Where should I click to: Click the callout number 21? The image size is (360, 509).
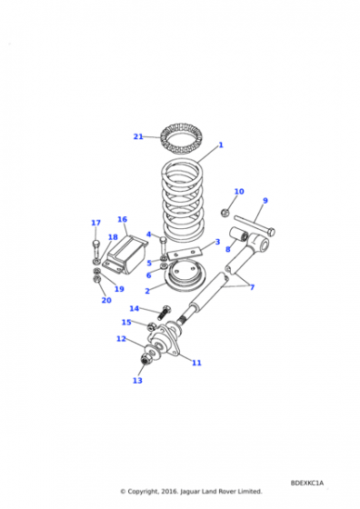(x=138, y=136)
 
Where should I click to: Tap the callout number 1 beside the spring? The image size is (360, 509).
(x=221, y=145)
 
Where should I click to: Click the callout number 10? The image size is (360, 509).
(x=239, y=192)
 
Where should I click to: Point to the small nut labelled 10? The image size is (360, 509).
(x=225, y=213)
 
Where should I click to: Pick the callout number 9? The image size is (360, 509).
(x=265, y=201)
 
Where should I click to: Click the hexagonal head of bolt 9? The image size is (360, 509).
(x=272, y=232)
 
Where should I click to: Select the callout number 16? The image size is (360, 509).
(x=122, y=219)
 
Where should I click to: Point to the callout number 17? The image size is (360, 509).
(x=95, y=223)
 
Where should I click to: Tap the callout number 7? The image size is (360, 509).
(x=252, y=287)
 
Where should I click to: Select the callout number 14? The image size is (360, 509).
(x=134, y=308)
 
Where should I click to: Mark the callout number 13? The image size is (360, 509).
(x=137, y=380)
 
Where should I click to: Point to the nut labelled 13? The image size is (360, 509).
(x=145, y=360)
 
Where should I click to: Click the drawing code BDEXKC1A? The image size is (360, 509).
(x=307, y=483)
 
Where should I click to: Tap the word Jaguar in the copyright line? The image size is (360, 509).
(x=190, y=492)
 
